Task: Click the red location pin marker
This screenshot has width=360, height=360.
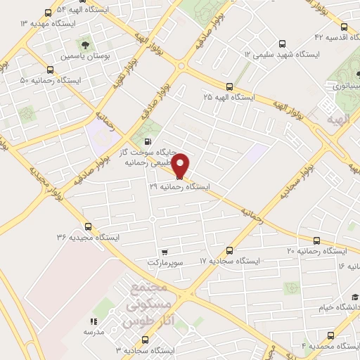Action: [180, 165]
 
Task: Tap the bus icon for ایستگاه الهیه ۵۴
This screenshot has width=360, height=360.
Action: [48, 13]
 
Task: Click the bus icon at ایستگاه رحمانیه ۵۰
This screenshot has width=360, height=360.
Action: [50, 70]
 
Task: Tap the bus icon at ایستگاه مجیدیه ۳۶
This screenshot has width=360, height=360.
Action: [88, 226]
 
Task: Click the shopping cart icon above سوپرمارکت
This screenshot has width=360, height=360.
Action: [164, 251]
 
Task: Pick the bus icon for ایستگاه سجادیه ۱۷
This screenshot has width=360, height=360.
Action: [230, 250]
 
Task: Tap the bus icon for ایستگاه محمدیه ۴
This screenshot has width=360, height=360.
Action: [330, 335]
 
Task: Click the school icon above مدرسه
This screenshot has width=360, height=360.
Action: [94, 321]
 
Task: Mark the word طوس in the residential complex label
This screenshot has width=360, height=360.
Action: [136, 323]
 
